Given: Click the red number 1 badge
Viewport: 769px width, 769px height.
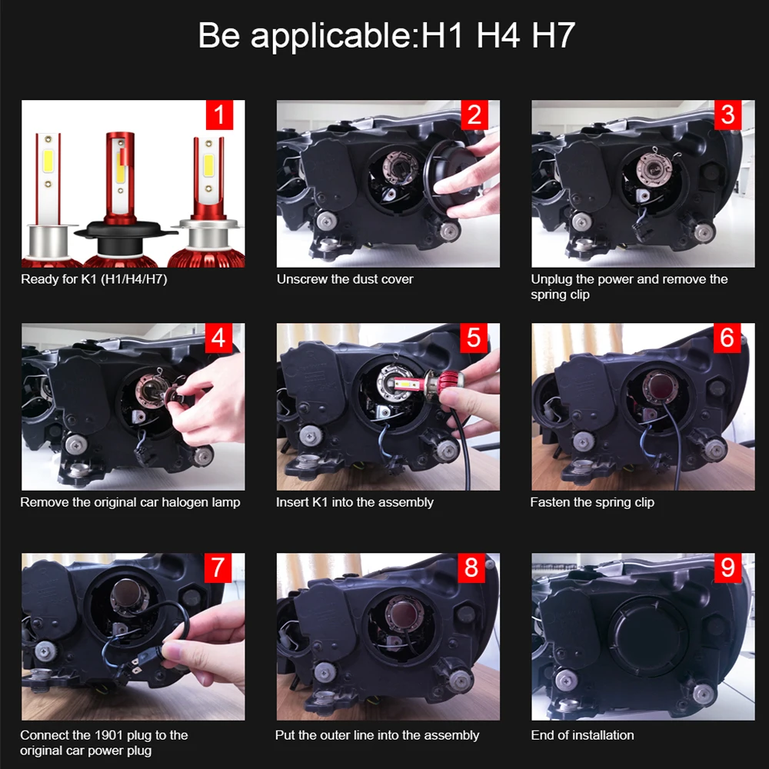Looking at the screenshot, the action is [x=219, y=115].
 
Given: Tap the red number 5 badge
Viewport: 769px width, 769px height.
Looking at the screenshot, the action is [x=474, y=338].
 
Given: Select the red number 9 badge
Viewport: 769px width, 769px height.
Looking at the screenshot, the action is [x=727, y=568].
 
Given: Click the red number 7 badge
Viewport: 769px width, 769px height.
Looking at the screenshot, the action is [x=218, y=568].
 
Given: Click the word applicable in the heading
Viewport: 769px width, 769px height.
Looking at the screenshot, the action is [x=331, y=36].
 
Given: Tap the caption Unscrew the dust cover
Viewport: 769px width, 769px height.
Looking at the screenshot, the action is [x=345, y=279].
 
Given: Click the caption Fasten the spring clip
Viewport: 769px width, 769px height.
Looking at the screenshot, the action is [x=592, y=502].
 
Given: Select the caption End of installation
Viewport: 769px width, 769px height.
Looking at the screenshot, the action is [x=582, y=735].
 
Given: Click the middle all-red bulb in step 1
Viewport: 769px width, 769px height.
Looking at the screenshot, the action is [x=120, y=196].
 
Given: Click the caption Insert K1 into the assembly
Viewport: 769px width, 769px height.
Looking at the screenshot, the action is [x=355, y=502].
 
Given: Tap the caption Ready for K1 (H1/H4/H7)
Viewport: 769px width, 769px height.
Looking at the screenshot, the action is [x=94, y=279].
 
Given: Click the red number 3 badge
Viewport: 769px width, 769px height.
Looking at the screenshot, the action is [x=727, y=115].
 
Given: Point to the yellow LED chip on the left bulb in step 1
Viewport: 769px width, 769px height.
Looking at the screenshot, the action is [x=48, y=161].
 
